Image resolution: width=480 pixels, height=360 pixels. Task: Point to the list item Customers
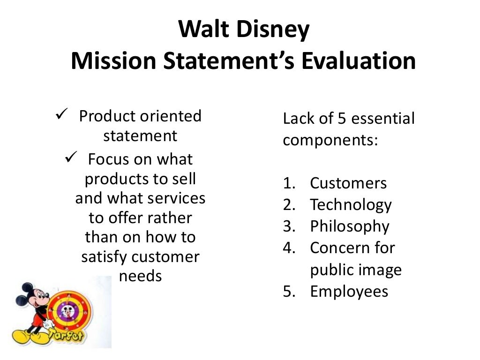(348, 183)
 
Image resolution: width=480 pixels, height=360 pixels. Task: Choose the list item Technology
(351, 205)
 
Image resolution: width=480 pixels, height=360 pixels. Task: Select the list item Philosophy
(350, 226)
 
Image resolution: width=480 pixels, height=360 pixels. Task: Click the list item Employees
(349, 292)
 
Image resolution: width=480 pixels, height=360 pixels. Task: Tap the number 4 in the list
(288, 248)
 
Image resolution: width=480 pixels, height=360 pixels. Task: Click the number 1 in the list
(288, 183)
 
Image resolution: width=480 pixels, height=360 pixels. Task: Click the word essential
(383, 119)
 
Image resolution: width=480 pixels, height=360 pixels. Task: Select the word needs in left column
(140, 276)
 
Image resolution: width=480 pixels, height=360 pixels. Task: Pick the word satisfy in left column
(104, 257)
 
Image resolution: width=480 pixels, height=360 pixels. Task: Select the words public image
(356, 270)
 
